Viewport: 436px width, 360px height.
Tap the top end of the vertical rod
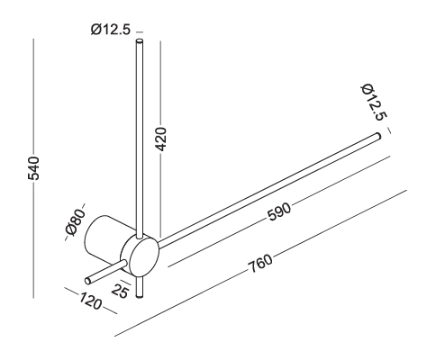point(139,41)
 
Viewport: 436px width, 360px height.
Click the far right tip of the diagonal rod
point(377,137)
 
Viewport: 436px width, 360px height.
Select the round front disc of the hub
point(141,255)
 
